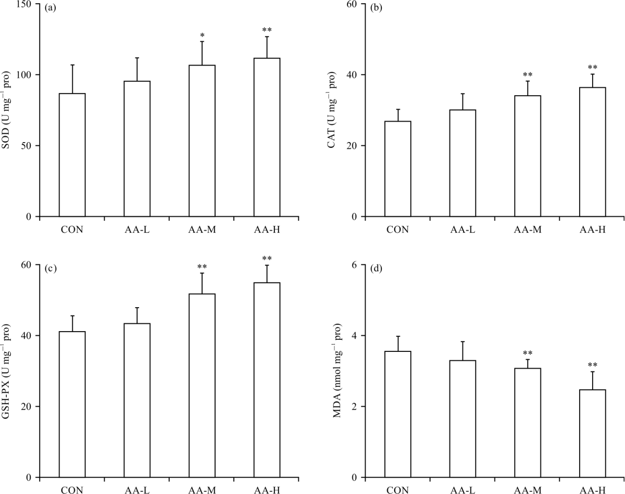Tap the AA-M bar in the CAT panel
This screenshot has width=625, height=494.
tap(528, 156)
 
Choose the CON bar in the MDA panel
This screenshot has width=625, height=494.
tap(397, 414)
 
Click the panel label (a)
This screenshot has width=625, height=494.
tap(51, 9)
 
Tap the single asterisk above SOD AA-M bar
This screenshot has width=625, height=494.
tap(202, 35)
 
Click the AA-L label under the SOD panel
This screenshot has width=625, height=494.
tap(137, 230)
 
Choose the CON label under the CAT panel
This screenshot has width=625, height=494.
tap(397, 230)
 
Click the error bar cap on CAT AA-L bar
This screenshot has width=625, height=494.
tap(463, 94)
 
